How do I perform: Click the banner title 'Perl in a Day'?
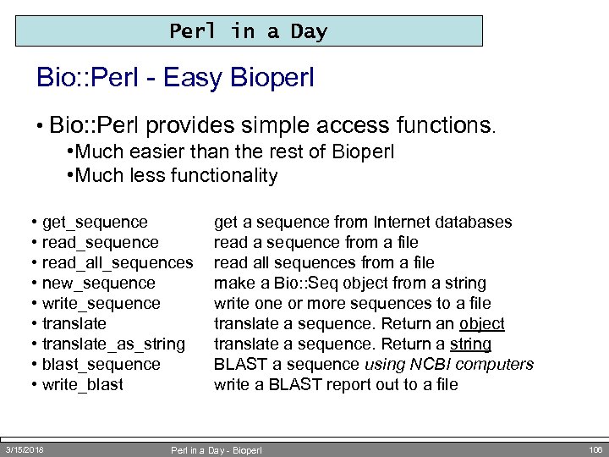(249, 32)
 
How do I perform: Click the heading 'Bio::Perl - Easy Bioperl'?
(175, 79)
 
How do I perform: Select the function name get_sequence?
(95, 223)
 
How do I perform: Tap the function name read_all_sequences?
(118, 263)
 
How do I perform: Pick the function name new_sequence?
(99, 284)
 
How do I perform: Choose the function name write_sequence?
(101, 304)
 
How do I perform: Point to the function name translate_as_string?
(113, 344)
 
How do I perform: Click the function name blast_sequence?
(101, 365)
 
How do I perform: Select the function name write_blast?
(83, 385)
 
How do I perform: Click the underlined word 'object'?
(482, 324)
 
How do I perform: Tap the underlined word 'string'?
(471, 344)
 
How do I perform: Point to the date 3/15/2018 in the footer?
(25, 449)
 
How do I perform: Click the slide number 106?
(595, 449)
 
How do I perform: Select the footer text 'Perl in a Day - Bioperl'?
(217, 450)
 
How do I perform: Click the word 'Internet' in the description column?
(402, 223)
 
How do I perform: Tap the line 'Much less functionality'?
(176, 176)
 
